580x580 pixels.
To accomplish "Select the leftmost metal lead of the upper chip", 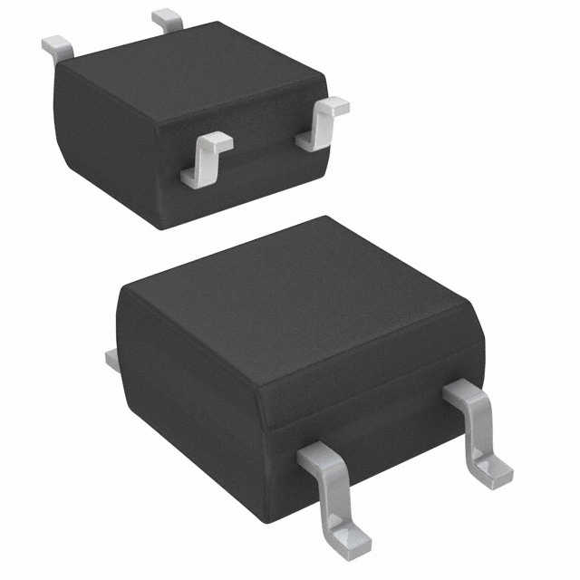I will (57, 48).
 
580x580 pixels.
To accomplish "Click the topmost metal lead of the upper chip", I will (168, 19).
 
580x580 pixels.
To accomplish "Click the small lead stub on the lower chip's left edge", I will (112, 361).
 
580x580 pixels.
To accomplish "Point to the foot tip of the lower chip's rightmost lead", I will (495, 473).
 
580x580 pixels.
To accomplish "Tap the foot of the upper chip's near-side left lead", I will (198, 177).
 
